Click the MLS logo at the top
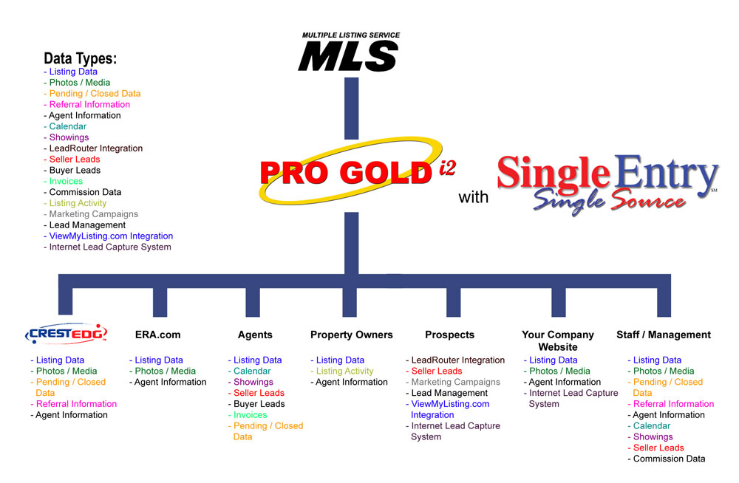350,52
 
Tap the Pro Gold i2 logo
356,171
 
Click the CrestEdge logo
66,334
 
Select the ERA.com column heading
158,335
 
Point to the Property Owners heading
352,335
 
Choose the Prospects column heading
449,335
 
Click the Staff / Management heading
664,335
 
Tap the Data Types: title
80,58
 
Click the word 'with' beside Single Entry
473,197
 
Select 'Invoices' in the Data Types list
66,181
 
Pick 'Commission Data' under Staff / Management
670,459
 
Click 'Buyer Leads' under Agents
259,404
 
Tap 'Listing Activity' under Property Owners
344,371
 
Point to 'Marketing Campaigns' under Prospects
456,382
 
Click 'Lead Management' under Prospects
449,393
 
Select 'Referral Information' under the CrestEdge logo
76,404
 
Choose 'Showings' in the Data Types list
69,137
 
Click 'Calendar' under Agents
252,371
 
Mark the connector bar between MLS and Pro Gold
352,109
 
